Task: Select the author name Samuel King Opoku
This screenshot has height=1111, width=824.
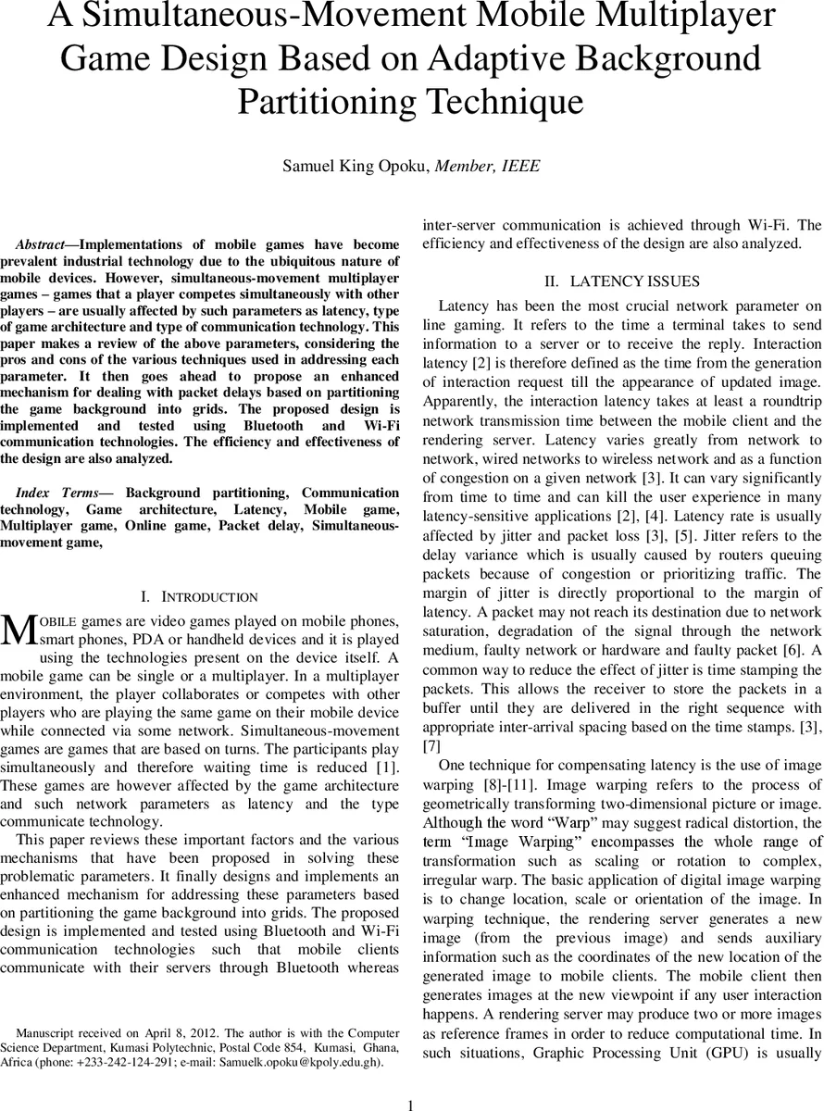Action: (356, 167)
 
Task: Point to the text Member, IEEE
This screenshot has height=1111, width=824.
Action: (488, 167)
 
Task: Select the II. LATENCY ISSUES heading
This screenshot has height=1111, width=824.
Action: (621, 281)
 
